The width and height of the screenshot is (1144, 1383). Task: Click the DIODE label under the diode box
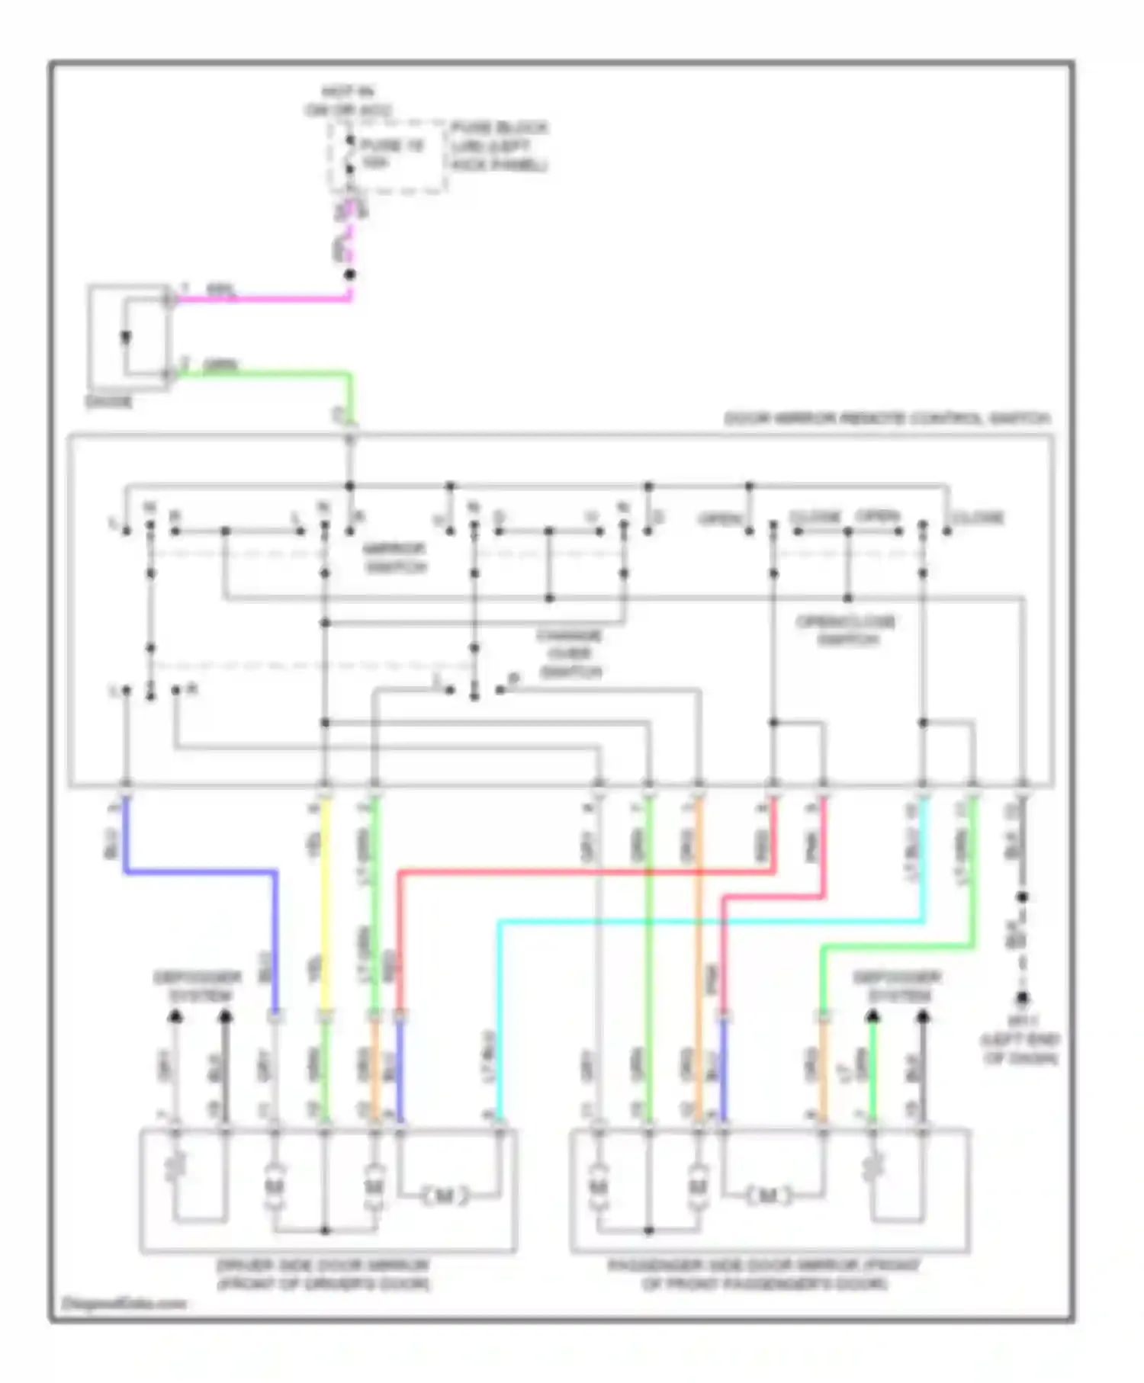point(109,402)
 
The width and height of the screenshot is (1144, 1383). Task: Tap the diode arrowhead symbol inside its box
point(127,338)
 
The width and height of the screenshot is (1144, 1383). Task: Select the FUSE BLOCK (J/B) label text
point(499,146)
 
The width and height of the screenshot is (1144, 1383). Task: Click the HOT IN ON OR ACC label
point(348,101)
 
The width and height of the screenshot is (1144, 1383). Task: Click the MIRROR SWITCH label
point(395,558)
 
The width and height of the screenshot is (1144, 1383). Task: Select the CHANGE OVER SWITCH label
point(570,653)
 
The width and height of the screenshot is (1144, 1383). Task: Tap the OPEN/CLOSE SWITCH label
point(846,631)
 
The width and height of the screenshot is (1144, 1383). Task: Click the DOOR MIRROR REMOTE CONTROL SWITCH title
point(886,419)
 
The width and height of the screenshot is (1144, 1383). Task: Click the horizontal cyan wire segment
point(709,922)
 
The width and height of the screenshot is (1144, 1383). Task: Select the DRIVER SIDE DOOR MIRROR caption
point(323,1275)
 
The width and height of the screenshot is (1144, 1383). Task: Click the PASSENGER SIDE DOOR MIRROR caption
point(764,1275)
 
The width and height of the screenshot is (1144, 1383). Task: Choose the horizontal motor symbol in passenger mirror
point(767,1195)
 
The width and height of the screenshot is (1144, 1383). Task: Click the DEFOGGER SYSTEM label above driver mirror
point(198,987)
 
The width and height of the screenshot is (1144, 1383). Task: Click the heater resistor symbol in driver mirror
point(176,1166)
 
